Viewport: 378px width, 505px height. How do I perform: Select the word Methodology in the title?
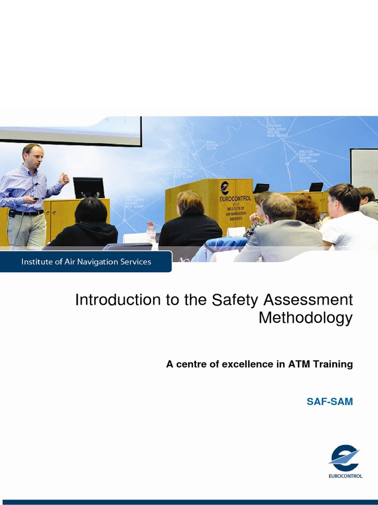coord(306,318)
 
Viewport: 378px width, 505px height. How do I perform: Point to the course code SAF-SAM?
coord(330,401)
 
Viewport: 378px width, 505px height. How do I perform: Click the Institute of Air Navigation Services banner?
coord(86,262)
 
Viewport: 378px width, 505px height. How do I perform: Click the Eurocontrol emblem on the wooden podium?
coord(225,187)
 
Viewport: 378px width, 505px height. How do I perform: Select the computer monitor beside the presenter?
coord(89,187)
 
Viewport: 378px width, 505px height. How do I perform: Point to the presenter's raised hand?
coord(63,178)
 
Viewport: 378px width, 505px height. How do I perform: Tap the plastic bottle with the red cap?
coord(151,232)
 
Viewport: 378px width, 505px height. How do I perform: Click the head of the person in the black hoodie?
coord(91,211)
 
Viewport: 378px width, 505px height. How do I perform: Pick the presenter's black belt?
coord(28,213)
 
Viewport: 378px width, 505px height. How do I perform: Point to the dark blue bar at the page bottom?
coord(189,502)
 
